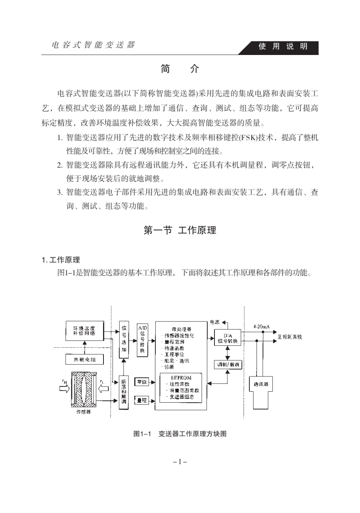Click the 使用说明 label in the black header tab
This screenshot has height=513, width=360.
[283, 47]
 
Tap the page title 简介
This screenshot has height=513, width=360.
[180, 69]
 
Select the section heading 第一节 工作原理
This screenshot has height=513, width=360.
[180, 230]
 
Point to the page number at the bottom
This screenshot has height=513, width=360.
[180, 462]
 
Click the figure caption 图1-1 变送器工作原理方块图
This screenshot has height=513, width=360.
[180, 434]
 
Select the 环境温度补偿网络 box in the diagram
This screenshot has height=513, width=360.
[84, 330]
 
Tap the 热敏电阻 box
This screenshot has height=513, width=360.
[84, 359]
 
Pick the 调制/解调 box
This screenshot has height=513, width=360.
[228, 365]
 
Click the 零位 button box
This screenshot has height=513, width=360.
[142, 382]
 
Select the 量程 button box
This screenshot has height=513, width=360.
[142, 400]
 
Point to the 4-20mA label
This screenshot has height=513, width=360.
[261, 326]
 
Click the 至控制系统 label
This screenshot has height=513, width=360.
[290, 337]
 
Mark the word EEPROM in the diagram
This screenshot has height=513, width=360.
[181, 378]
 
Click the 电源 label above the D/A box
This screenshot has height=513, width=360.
[214, 322]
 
